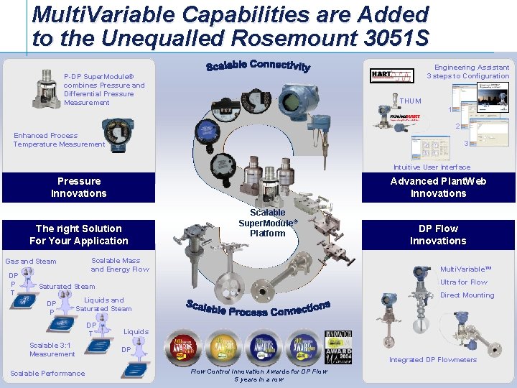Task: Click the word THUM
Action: (411, 101)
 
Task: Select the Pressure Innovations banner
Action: (78, 188)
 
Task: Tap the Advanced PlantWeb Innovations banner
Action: (438, 188)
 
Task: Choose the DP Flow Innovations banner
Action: (438, 235)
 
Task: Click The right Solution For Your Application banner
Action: (78, 235)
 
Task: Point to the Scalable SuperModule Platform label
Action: (267, 223)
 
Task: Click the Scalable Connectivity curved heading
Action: (258, 66)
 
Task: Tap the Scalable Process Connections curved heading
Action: (258, 308)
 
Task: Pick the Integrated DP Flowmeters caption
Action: (432, 360)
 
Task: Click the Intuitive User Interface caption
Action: (432, 167)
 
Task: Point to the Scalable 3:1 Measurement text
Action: (52, 349)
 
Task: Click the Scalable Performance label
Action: (47, 374)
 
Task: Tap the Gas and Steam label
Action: (31, 262)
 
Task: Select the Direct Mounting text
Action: (467, 295)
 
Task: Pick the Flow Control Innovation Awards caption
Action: (259, 374)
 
